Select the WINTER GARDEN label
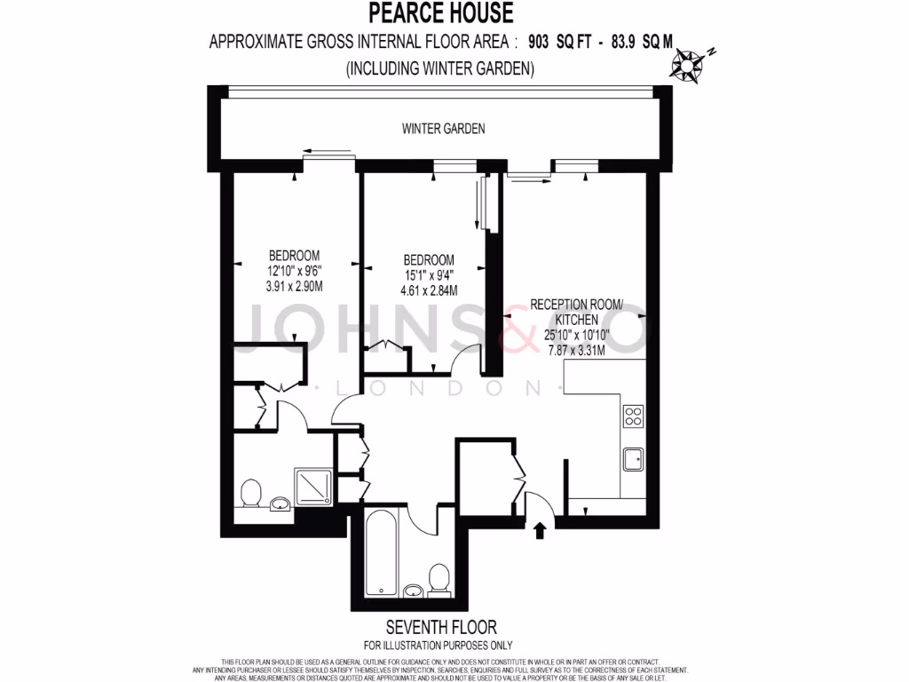(443, 129)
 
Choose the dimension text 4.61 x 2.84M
(429, 290)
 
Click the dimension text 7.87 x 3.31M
(576, 350)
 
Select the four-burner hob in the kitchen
(633, 416)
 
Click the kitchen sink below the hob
(633, 459)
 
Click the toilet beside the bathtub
(439, 580)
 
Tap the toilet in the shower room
(251, 493)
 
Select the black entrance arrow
(539, 531)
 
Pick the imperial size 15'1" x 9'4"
(429, 275)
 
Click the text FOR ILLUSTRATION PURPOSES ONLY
(438, 646)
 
